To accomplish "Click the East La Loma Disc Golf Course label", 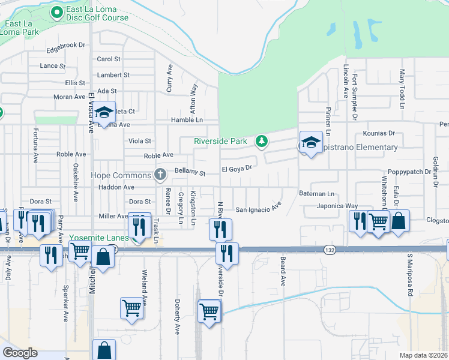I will pos(97,13).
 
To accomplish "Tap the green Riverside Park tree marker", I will pos(261,141).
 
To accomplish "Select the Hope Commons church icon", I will pos(160,175).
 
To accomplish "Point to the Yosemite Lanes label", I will pos(98,238).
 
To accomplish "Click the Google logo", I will pos(20,353).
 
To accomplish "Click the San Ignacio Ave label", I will pos(258,209).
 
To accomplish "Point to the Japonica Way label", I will pos(337,206).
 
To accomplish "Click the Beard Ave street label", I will pos(282,271).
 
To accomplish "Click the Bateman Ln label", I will pos(316,194).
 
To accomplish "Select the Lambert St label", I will pos(113,75).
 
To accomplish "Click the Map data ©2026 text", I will pos(423,355).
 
